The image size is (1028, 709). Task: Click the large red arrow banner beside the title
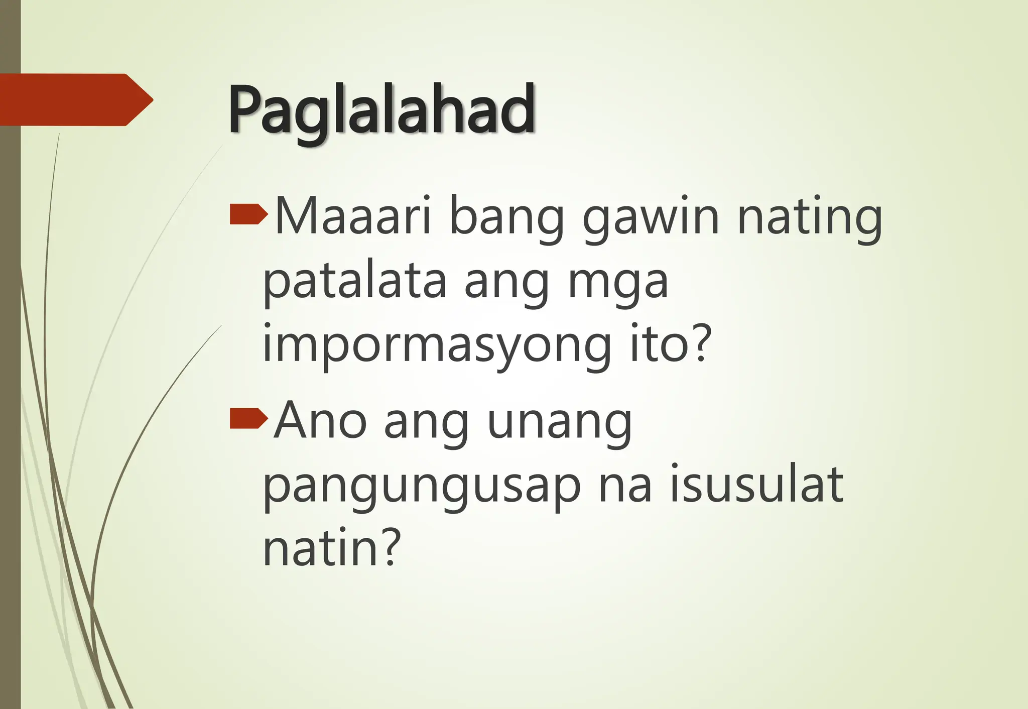click(x=75, y=99)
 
